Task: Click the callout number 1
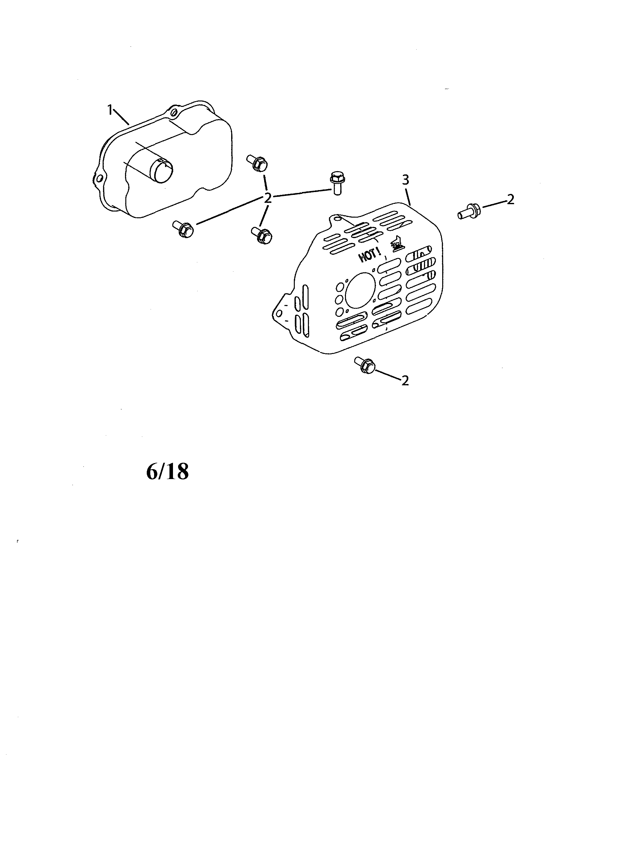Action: click(x=110, y=110)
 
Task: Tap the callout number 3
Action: click(x=405, y=180)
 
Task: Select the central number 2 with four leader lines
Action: click(x=268, y=198)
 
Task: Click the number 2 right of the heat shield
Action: click(x=510, y=199)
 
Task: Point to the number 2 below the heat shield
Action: click(x=405, y=380)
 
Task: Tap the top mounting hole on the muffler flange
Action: click(x=175, y=112)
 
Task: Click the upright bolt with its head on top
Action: click(x=337, y=183)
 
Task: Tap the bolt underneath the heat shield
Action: click(x=365, y=365)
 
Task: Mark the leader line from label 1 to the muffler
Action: click(x=121, y=117)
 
